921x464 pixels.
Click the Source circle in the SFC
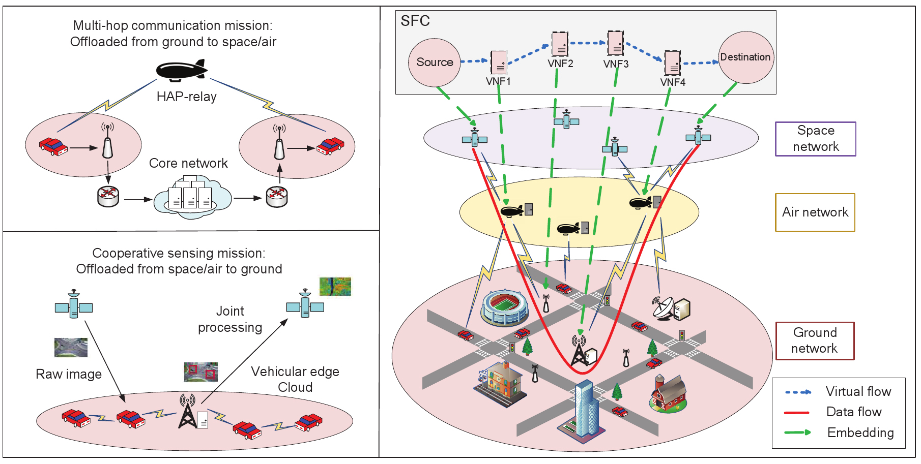(x=435, y=63)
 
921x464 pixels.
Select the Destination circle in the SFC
(x=745, y=57)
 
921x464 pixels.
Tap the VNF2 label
(x=560, y=64)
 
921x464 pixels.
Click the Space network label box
(x=815, y=139)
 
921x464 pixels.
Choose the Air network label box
(x=815, y=212)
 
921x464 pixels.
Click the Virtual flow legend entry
(x=858, y=392)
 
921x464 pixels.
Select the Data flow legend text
(x=853, y=412)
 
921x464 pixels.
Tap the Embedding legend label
(x=860, y=432)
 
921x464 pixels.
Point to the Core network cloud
(x=192, y=197)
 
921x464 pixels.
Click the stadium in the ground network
(x=504, y=307)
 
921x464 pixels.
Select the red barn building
(x=669, y=393)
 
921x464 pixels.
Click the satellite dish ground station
(x=670, y=308)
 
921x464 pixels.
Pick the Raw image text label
(x=69, y=375)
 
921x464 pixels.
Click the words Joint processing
(x=230, y=319)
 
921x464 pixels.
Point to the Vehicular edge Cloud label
(x=295, y=379)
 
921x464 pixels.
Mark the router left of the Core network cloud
(x=108, y=196)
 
